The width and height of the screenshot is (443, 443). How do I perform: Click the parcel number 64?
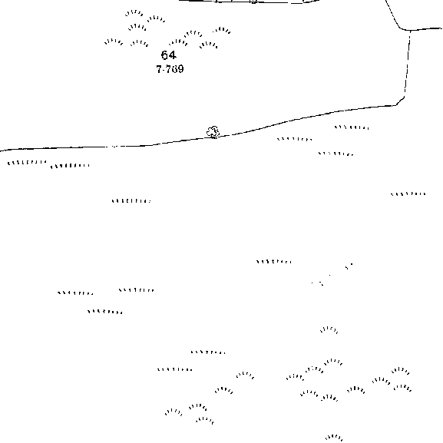pos(169,55)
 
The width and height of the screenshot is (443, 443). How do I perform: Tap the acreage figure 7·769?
pos(170,69)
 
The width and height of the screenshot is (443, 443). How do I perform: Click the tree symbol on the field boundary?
pos(213,132)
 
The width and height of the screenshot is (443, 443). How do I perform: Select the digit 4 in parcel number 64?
pos(173,55)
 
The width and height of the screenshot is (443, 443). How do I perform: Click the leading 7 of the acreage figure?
pos(159,69)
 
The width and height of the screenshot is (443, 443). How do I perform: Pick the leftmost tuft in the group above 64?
pos(114,41)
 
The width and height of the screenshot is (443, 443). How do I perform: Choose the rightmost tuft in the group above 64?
pos(222,30)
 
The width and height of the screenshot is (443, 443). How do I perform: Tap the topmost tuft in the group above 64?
pos(134,13)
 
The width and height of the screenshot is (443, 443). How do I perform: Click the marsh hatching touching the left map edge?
pos(27,163)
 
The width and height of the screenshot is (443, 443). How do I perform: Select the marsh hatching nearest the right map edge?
pos(408,194)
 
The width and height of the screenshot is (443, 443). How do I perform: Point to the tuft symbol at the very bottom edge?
pos(334,438)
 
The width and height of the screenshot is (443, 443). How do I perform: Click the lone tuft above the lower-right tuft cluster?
pos(329,329)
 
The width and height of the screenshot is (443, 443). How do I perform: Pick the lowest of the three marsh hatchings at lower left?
pos(105,312)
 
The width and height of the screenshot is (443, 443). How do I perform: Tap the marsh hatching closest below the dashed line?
pos(352,127)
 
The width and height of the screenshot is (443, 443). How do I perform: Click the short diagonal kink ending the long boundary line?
pos(400,101)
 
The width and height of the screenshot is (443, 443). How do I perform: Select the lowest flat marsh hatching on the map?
pos(175,369)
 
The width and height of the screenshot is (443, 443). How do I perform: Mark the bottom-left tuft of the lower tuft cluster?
pos(174,412)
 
